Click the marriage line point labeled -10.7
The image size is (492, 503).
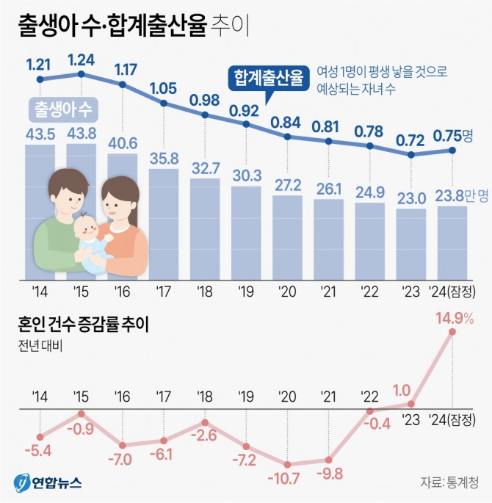pyautogui.click(x=287, y=464)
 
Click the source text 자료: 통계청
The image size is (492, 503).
pyautogui.click(x=449, y=482)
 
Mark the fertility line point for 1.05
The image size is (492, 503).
pyautogui.click(x=163, y=104)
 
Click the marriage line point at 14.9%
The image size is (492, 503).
pyautogui.click(x=452, y=332)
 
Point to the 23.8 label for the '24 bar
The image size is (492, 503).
pyautogui.click(x=446, y=196)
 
